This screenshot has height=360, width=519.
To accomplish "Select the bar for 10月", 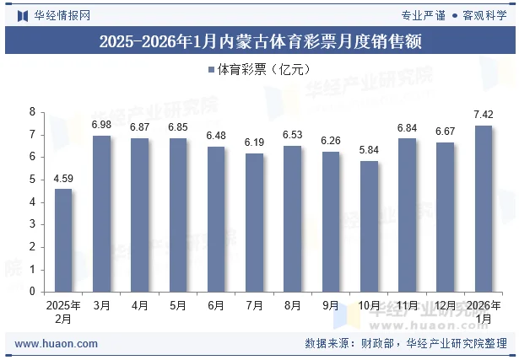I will point(369,226).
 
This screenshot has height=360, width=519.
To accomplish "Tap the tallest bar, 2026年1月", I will point(484,208).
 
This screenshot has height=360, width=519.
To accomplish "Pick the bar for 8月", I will point(293,218).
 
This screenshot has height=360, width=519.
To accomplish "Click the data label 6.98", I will point(101,125).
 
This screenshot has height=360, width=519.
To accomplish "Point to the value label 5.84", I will point(369,150).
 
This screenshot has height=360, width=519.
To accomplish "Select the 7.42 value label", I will point(484,115).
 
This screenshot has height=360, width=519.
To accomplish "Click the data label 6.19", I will point(254,142).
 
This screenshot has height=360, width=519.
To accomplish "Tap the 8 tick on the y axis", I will point(32,112).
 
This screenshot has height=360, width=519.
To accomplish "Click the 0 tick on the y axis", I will point(32,292).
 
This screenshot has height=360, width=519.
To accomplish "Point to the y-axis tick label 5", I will point(32,180).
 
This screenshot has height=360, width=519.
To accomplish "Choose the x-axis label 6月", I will point(216,305).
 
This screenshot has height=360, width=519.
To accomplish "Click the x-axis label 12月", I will point(446,305).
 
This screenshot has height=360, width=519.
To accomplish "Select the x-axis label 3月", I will point(101,305).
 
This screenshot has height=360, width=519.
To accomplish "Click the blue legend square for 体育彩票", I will point(210,71).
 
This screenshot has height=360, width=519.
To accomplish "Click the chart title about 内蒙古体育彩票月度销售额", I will point(259,40).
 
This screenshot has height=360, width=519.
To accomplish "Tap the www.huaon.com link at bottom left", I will point(57,344).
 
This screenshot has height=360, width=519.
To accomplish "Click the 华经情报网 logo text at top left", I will point(62,14).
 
